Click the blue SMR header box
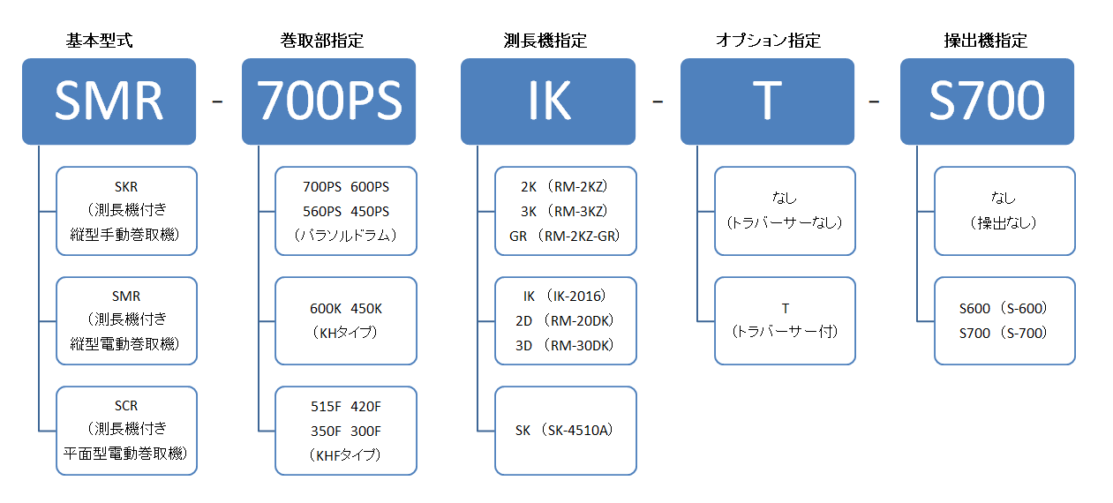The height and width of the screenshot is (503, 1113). (x=109, y=101)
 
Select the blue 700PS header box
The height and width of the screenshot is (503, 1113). (x=328, y=101)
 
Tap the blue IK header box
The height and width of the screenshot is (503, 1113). (x=548, y=101)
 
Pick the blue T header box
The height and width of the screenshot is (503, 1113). (x=767, y=101)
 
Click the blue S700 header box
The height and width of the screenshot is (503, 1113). (x=987, y=101)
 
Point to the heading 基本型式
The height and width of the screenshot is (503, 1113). (x=100, y=41)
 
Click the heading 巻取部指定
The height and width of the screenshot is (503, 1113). (x=322, y=41)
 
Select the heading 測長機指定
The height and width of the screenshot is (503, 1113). (x=545, y=41)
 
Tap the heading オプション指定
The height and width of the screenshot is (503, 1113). (x=768, y=41)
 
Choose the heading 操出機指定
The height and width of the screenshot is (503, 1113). (x=986, y=41)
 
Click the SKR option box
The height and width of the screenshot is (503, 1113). (x=127, y=211)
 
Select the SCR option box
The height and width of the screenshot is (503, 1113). (x=127, y=431)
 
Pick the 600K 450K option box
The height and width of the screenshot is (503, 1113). (x=346, y=320)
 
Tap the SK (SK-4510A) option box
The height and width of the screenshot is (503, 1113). (x=566, y=431)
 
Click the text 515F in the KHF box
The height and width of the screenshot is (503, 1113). (x=326, y=407)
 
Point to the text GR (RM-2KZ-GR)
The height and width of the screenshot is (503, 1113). (x=565, y=236)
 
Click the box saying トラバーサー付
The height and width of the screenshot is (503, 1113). (x=785, y=320)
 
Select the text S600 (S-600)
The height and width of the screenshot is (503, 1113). (x=1004, y=308)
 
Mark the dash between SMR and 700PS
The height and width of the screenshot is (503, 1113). (x=217, y=101)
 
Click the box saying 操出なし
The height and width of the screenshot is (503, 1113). (x=1004, y=211)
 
